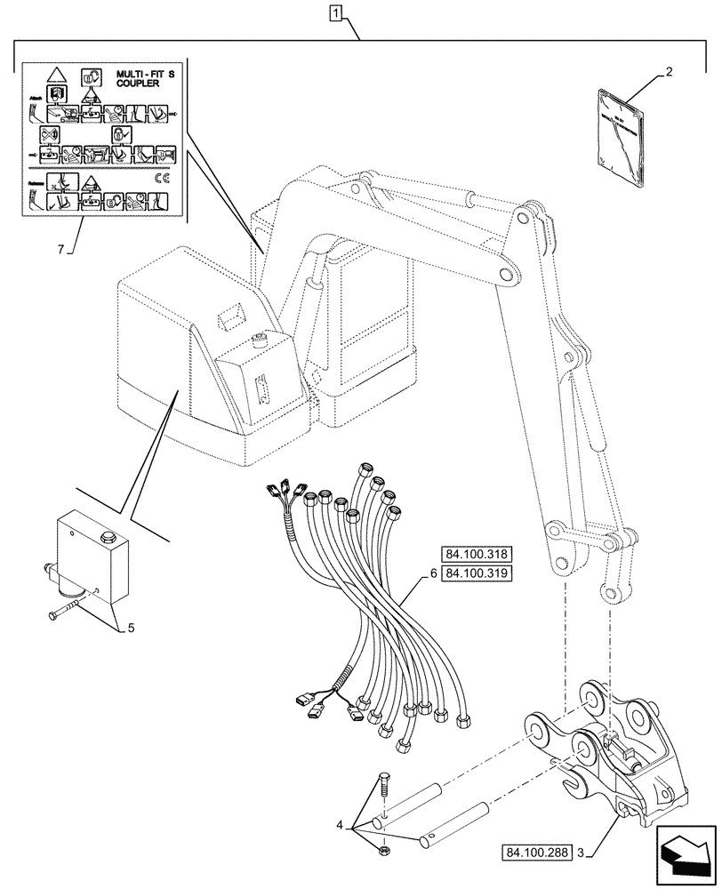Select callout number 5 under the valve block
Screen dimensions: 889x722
[131, 628]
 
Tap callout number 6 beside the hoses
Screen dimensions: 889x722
[433, 573]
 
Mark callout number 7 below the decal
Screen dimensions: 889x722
[60, 250]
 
